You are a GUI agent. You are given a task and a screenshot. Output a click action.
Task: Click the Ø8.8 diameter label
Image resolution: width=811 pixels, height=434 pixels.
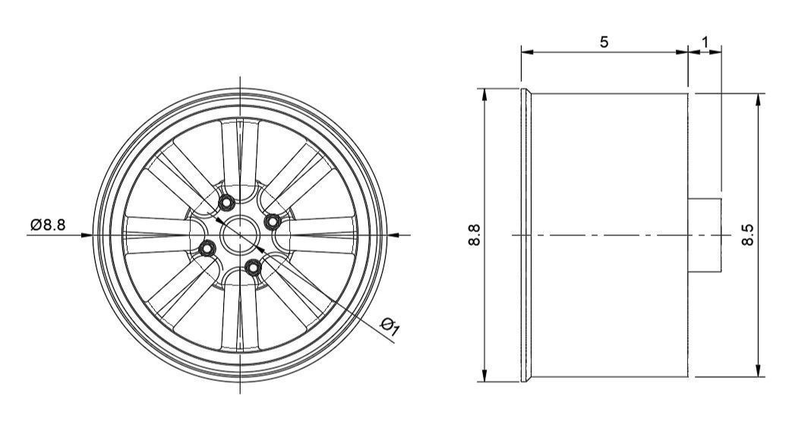point(48,225)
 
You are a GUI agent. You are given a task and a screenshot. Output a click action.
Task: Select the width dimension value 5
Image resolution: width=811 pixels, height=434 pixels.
point(604,42)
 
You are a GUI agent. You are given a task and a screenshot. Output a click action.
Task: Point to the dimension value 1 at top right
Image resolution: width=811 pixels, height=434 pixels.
point(705,42)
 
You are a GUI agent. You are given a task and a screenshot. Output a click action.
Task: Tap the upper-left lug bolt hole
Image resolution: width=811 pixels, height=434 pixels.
point(226,203)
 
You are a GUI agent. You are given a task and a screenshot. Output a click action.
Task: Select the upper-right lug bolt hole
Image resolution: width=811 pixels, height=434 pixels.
point(271,220)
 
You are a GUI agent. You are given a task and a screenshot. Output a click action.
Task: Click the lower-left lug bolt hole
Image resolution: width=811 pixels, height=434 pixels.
point(205,247)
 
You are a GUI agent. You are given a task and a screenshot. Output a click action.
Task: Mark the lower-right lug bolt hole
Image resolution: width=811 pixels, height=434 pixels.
point(253,266)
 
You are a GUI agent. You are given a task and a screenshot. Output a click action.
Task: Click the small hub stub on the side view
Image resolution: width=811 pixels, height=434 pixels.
point(705,234)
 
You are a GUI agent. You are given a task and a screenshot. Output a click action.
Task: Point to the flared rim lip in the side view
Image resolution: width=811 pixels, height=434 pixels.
point(525,235)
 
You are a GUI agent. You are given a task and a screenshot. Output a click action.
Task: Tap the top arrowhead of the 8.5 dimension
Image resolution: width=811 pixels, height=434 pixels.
point(758,99)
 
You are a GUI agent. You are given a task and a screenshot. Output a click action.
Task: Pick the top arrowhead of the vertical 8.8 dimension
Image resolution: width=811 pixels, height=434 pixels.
point(484,93)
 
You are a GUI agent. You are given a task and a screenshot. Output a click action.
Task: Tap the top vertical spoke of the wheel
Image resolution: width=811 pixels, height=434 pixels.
point(240,152)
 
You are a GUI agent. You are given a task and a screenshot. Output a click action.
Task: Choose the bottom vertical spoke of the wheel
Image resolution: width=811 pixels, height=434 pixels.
point(240,319)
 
